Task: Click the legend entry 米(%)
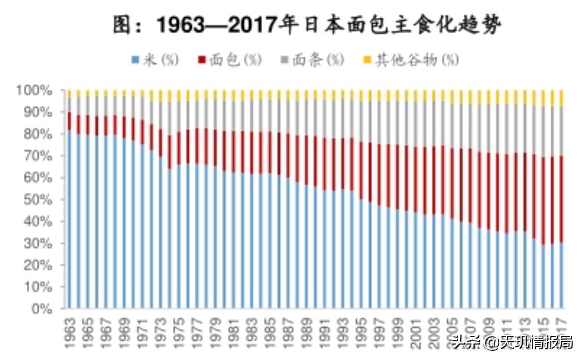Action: (x=155, y=60)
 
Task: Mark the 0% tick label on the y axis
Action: (x=44, y=309)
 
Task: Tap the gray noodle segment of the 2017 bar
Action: (x=561, y=131)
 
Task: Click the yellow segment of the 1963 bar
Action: (x=69, y=93)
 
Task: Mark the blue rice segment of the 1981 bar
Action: (x=234, y=240)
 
